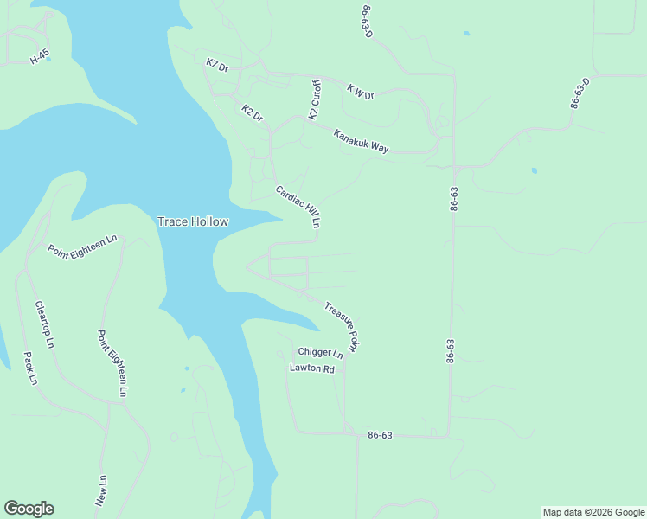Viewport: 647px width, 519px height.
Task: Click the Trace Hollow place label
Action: coord(193,221)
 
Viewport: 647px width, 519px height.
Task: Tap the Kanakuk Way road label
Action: coord(361,141)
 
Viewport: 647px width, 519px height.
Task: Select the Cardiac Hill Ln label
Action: coord(298,207)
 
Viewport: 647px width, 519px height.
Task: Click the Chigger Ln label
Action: coord(320,352)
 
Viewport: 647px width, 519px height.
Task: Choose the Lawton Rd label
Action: coord(311,368)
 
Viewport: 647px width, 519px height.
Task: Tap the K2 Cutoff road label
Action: coord(316,99)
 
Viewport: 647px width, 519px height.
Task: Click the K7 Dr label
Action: coord(217,65)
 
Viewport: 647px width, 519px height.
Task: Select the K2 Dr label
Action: coord(252,112)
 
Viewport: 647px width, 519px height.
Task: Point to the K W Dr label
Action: coord(360,91)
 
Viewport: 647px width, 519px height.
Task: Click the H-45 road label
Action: coord(40,57)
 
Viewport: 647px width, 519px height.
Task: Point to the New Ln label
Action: coord(102,490)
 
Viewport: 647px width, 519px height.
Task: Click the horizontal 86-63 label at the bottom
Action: coord(380,435)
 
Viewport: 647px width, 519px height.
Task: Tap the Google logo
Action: coord(29,509)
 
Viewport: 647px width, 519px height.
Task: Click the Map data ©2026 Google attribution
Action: coord(593,512)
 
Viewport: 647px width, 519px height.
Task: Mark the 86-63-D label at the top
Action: coord(368,19)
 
